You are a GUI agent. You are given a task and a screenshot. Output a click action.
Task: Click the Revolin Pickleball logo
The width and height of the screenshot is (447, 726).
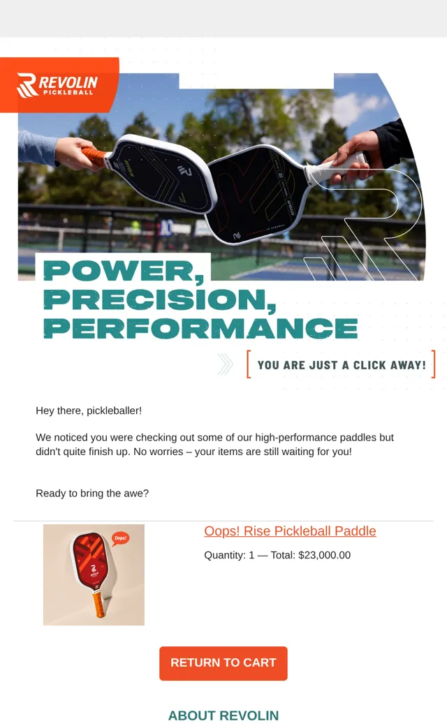(57, 85)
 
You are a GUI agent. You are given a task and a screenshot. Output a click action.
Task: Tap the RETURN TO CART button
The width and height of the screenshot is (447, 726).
(223, 663)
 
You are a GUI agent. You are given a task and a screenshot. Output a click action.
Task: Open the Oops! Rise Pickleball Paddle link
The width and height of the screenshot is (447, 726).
(290, 531)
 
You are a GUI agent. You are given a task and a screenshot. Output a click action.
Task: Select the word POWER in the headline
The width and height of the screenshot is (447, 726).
(124, 272)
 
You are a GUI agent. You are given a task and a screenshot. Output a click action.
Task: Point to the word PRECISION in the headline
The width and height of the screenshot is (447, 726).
(160, 300)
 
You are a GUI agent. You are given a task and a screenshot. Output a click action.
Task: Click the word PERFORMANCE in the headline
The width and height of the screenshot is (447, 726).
(200, 328)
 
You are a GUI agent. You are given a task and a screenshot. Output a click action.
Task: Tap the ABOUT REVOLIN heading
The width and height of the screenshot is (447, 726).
(223, 716)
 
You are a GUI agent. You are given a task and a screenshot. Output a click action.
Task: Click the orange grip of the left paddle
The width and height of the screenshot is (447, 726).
(96, 157)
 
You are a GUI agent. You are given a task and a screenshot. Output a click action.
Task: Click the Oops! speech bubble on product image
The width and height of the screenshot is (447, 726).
(120, 538)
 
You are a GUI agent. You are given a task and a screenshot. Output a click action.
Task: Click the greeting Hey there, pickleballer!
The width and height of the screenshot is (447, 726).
(89, 410)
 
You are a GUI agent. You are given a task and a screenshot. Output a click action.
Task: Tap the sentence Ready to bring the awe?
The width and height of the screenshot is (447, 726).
(92, 494)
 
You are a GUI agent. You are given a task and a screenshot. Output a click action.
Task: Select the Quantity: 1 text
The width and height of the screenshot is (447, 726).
(229, 555)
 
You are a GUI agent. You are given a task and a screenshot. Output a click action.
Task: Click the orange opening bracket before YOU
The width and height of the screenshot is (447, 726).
(249, 364)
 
